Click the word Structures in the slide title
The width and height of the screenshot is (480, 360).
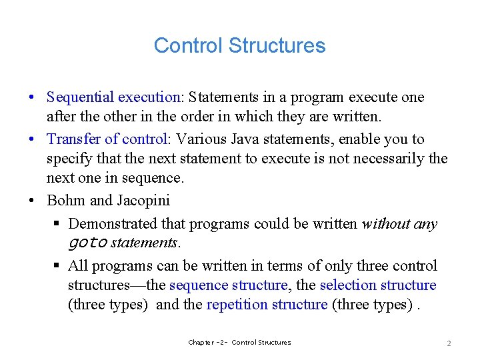click(277, 45)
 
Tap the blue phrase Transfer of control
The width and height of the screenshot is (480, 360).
click(107, 139)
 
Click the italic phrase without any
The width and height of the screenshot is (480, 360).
click(399, 224)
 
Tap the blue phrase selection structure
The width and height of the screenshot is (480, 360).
click(378, 285)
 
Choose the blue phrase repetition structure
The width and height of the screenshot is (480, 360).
click(267, 305)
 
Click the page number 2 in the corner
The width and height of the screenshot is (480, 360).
click(449, 343)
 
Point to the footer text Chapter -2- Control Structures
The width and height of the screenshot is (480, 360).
click(239, 343)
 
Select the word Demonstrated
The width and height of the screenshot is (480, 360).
click(111, 224)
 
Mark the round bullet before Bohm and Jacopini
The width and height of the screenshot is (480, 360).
click(33, 200)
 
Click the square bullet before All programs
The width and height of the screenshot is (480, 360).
click(57, 266)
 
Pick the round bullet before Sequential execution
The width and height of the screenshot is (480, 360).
click(33, 97)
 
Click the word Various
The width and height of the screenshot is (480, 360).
click(199, 139)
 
